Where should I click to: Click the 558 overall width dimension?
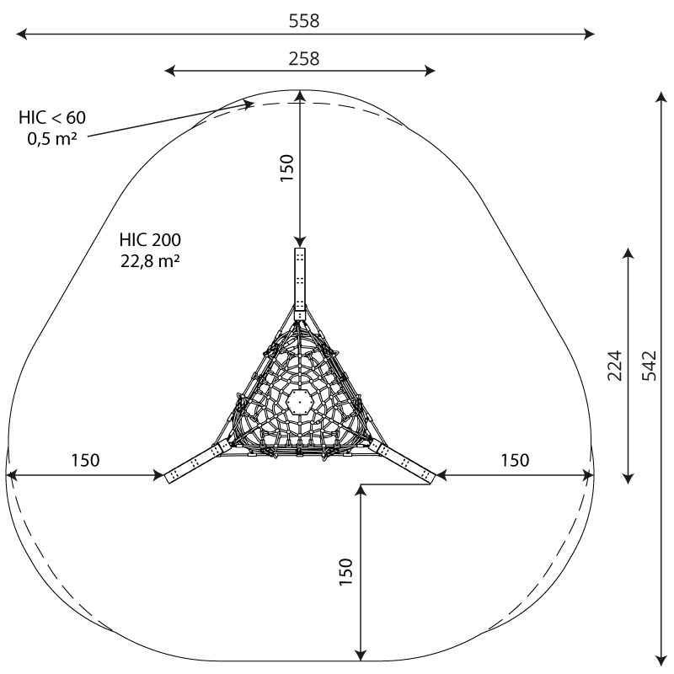304,21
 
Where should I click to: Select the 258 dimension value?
304,59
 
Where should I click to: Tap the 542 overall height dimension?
650,366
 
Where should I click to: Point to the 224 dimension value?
615,366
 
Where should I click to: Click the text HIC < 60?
52,117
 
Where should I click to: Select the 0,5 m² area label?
52,138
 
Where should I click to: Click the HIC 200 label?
150,240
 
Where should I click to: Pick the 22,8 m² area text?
150,261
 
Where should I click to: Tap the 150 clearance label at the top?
286,168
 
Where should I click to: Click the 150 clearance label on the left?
85,460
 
